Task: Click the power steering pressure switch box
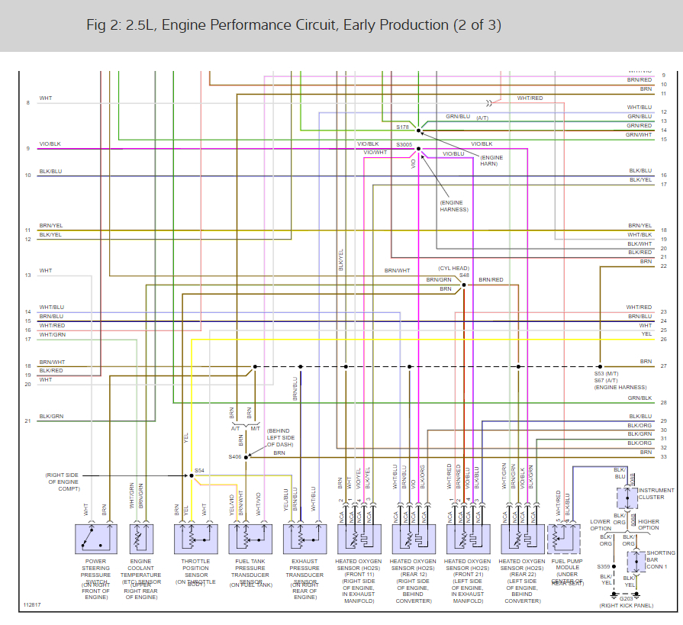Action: (96, 539)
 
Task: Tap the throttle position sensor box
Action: (196, 539)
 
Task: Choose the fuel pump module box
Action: (563, 539)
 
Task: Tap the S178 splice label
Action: (403, 127)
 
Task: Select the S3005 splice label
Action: (404, 144)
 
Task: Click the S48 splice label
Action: (464, 275)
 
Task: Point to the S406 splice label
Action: (234, 457)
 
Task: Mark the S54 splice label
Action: (199, 470)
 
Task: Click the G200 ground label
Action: (627, 598)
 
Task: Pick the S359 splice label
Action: (604, 567)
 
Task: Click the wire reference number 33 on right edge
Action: (664, 456)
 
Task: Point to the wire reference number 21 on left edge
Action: (27, 420)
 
